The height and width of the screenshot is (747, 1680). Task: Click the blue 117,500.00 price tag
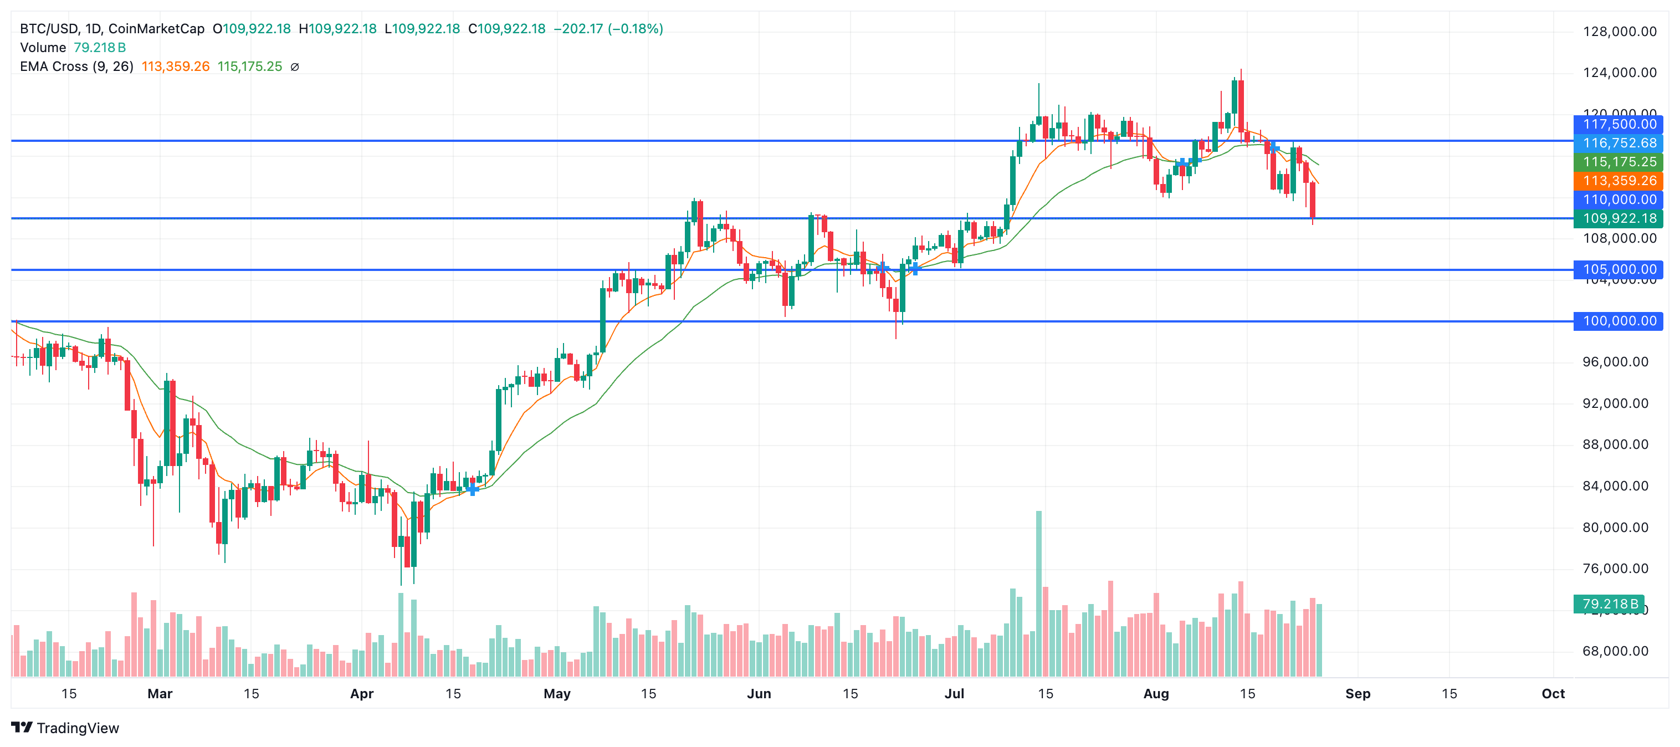pos(1618,124)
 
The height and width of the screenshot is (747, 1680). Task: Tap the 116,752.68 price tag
pos(1618,143)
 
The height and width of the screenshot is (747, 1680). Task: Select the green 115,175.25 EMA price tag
pos(1618,162)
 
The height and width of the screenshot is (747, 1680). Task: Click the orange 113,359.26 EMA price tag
pos(1618,181)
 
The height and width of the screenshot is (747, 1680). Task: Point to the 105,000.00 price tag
pos(1618,269)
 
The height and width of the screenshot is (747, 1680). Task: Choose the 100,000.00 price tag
pos(1618,321)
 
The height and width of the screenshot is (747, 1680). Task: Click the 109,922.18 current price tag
pos(1618,218)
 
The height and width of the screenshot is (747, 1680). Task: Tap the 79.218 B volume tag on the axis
pos(1609,604)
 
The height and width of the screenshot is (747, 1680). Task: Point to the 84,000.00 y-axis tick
pos(1615,486)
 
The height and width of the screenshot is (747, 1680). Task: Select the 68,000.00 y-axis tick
pos(1615,651)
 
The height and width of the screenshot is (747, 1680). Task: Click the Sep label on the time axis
pos(1358,693)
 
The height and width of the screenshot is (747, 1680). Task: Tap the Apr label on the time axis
pos(362,693)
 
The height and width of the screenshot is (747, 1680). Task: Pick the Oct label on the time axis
pos(1553,693)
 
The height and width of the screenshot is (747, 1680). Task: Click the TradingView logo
pos(65,728)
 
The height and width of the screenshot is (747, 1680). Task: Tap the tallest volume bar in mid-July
pos(1039,593)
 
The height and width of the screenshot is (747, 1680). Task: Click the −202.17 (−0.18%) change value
pos(608,29)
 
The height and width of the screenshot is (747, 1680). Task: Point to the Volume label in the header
pos(43,48)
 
